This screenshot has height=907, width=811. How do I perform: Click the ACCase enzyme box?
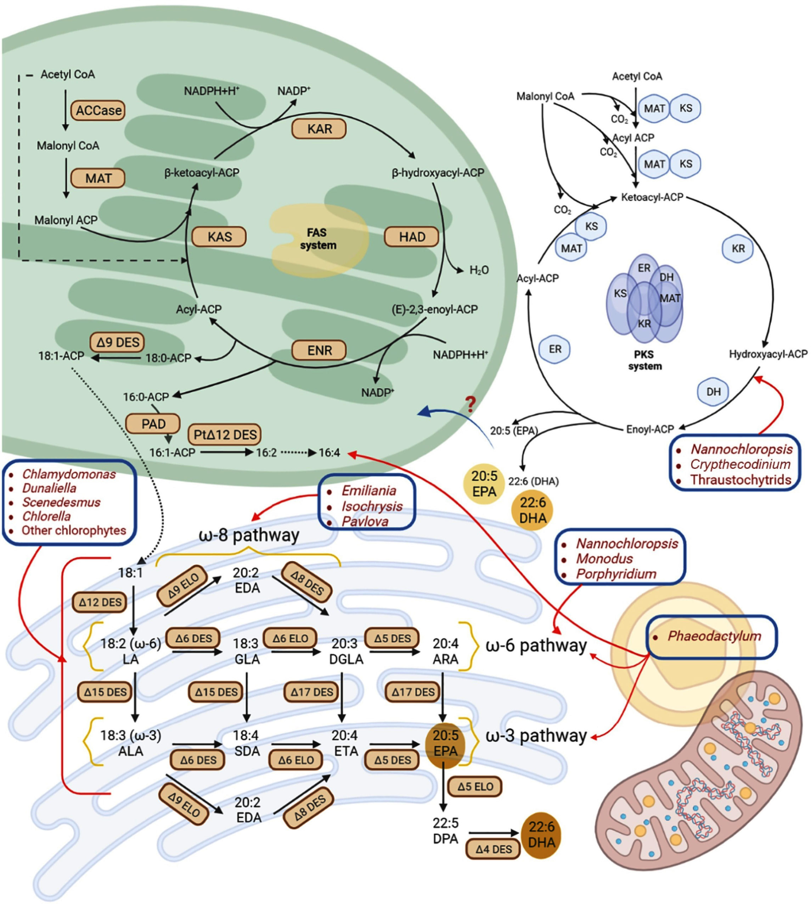tap(98, 110)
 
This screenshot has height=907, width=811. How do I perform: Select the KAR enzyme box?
tap(319, 129)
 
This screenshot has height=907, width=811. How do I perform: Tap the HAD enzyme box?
tap(411, 237)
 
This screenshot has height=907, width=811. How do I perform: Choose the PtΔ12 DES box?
tap(225, 434)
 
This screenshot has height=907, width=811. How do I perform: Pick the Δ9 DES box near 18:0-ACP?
tap(118, 342)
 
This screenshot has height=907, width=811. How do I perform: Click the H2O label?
tap(479, 270)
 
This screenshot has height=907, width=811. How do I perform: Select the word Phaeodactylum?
tap(714, 636)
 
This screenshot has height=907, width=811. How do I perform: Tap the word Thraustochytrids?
tap(740, 480)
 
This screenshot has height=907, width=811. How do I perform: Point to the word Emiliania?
tap(368, 490)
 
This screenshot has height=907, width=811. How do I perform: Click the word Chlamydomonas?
tap(69, 474)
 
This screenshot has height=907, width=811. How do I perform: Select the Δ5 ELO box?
tap(475, 786)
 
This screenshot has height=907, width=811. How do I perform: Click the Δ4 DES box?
tap(493, 849)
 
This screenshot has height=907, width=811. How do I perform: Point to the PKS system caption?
tap(644, 360)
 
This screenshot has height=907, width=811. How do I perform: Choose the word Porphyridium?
tap(616, 573)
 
